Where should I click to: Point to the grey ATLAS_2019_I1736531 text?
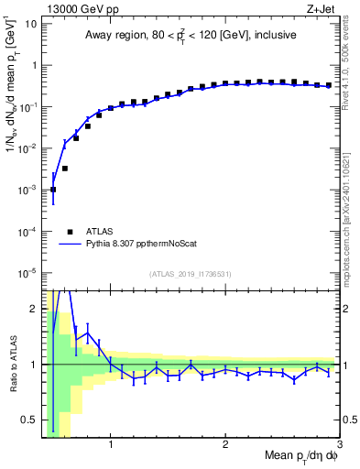[191, 274]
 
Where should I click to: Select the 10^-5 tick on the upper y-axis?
[28, 272]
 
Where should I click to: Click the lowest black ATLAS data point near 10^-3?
[53, 190]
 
